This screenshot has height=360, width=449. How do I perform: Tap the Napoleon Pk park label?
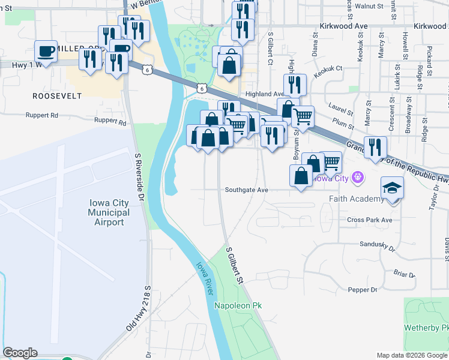pos(238,305)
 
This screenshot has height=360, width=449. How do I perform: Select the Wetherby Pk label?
pos(427,328)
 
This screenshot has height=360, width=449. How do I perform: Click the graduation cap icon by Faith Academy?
pos(393,188)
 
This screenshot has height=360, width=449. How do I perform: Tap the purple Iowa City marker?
pos(358,177)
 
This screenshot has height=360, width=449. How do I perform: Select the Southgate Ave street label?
pos(246,190)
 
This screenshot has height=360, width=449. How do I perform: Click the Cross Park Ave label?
pos(369,220)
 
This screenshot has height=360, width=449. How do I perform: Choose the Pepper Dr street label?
pos(363,290)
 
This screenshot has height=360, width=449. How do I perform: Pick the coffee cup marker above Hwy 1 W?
pos(46,50)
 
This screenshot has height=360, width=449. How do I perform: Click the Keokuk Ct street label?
pos(330,68)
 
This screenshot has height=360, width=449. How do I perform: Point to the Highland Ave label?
pos(264,94)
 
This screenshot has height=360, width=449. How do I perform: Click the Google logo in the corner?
pos(20,353)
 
